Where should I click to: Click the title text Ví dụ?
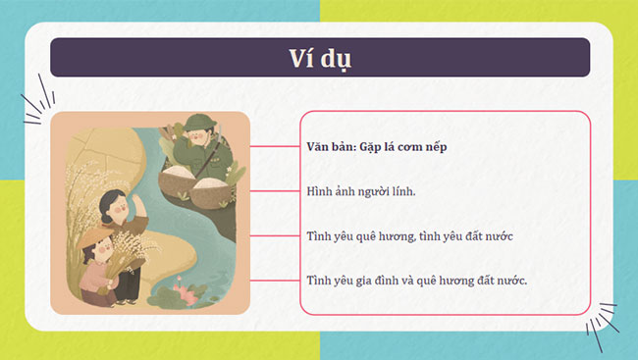click(x=319, y=57)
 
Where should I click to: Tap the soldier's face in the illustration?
click(x=201, y=136)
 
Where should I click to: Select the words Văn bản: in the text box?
click(x=333, y=146)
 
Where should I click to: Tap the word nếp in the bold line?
click(x=452, y=146)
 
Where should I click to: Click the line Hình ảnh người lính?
click(x=361, y=190)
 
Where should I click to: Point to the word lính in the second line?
click(x=402, y=190)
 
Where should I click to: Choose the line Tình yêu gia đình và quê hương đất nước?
click(x=417, y=281)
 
